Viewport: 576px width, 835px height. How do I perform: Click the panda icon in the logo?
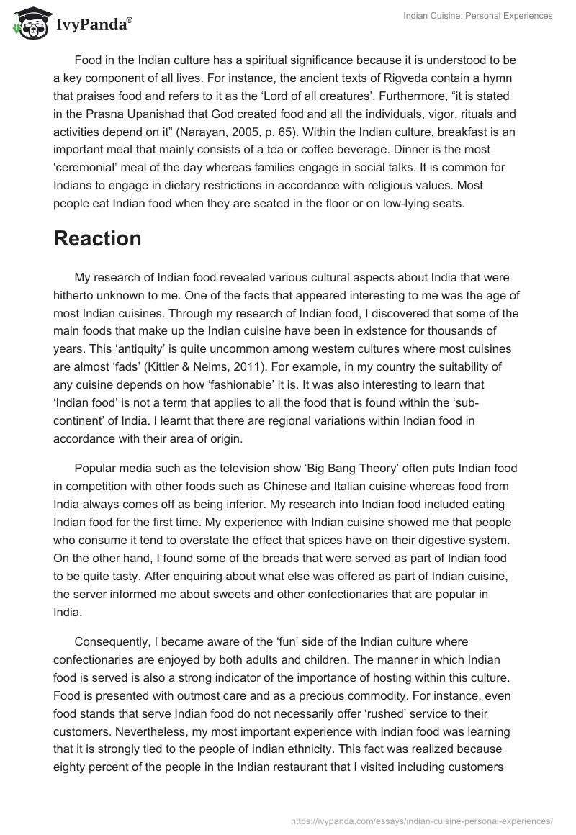pyautogui.click(x=27, y=24)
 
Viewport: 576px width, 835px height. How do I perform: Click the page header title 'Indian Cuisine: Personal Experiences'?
pyautogui.click(x=477, y=16)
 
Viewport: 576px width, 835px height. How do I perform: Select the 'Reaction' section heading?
pyautogui.click(x=97, y=238)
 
